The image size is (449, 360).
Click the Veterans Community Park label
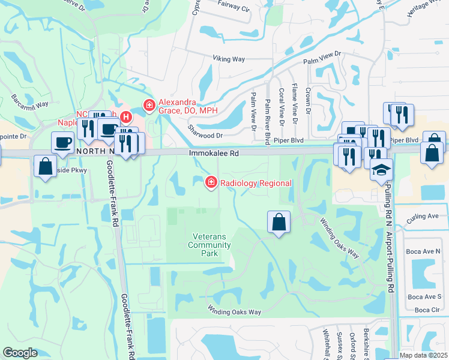coord(209,245)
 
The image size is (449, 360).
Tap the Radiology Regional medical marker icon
coord(211,182)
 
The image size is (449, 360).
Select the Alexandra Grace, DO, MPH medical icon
coord(148,106)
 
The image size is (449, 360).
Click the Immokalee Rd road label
coord(214,154)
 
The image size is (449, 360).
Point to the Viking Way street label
coord(229,58)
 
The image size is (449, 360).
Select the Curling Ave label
coord(426,216)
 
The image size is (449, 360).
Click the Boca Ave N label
coord(424,251)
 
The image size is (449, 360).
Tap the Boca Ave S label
coord(424,296)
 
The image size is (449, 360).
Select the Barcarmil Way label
coord(29,100)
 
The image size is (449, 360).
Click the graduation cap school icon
coord(381,170)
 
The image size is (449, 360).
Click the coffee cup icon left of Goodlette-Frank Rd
coord(62,143)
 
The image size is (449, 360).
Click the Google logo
coord(20,353)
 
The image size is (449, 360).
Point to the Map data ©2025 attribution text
coord(424,355)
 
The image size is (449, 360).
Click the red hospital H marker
coord(125,116)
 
